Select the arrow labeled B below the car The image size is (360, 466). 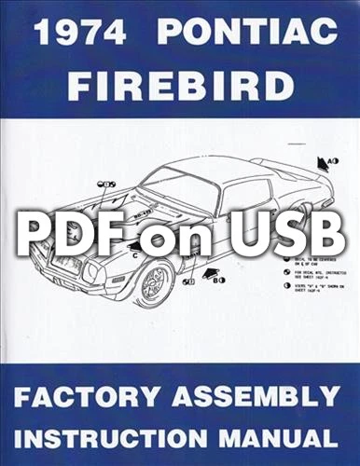[x=221, y=278]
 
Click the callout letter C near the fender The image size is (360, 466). [x=136, y=253]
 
